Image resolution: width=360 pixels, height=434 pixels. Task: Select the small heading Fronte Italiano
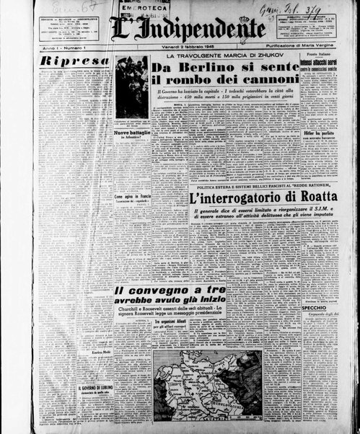point(320,56)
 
